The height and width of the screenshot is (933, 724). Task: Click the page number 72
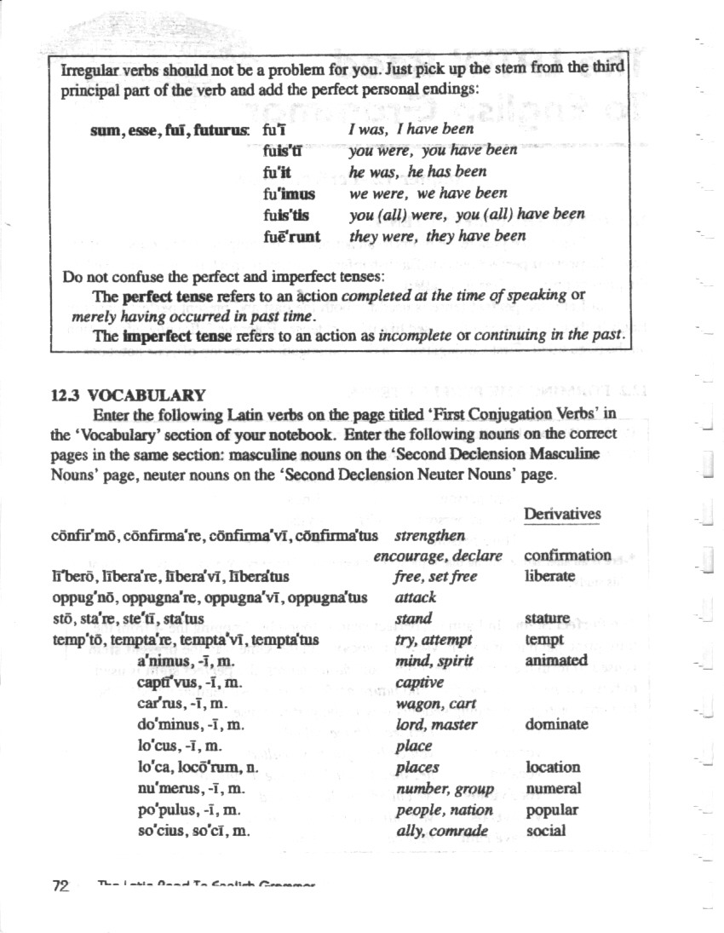pos(60,885)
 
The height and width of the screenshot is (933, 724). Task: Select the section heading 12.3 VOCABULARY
pos(128,395)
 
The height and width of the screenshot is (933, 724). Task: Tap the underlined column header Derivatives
pos(562,514)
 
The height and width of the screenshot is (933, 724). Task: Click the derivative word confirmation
pos(567,556)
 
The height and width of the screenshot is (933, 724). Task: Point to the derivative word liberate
pos(550,576)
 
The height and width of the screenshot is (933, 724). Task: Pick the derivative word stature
pos(548,618)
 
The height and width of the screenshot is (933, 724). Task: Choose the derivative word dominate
pos(556,724)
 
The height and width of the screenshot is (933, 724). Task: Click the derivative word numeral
pos(554,788)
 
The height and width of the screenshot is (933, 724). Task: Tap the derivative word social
pos(546,831)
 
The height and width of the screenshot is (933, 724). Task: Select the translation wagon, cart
pos(435,704)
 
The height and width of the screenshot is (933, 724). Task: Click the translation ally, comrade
pos(442,831)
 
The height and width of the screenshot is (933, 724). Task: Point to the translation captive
pos(420,682)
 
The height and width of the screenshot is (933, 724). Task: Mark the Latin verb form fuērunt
pos(292,236)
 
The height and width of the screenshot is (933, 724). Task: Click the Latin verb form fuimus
pos(290,193)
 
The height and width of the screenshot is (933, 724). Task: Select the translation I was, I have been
pos(411,130)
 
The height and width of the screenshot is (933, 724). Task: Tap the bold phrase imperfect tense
pos(176,336)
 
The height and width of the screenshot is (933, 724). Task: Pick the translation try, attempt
pos(434,639)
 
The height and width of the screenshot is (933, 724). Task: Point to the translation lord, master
pos(436,724)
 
